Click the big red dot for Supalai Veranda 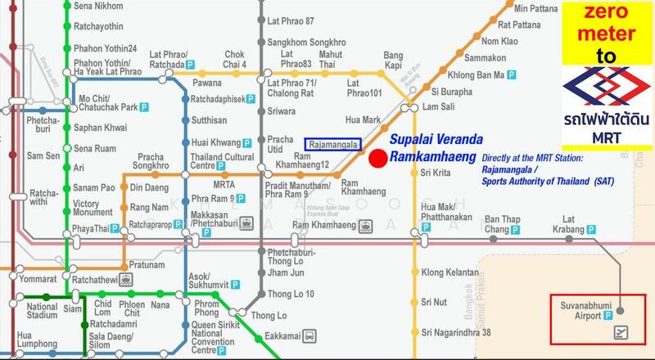[378, 159]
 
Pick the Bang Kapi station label [395, 60]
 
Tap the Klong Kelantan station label [449, 272]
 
